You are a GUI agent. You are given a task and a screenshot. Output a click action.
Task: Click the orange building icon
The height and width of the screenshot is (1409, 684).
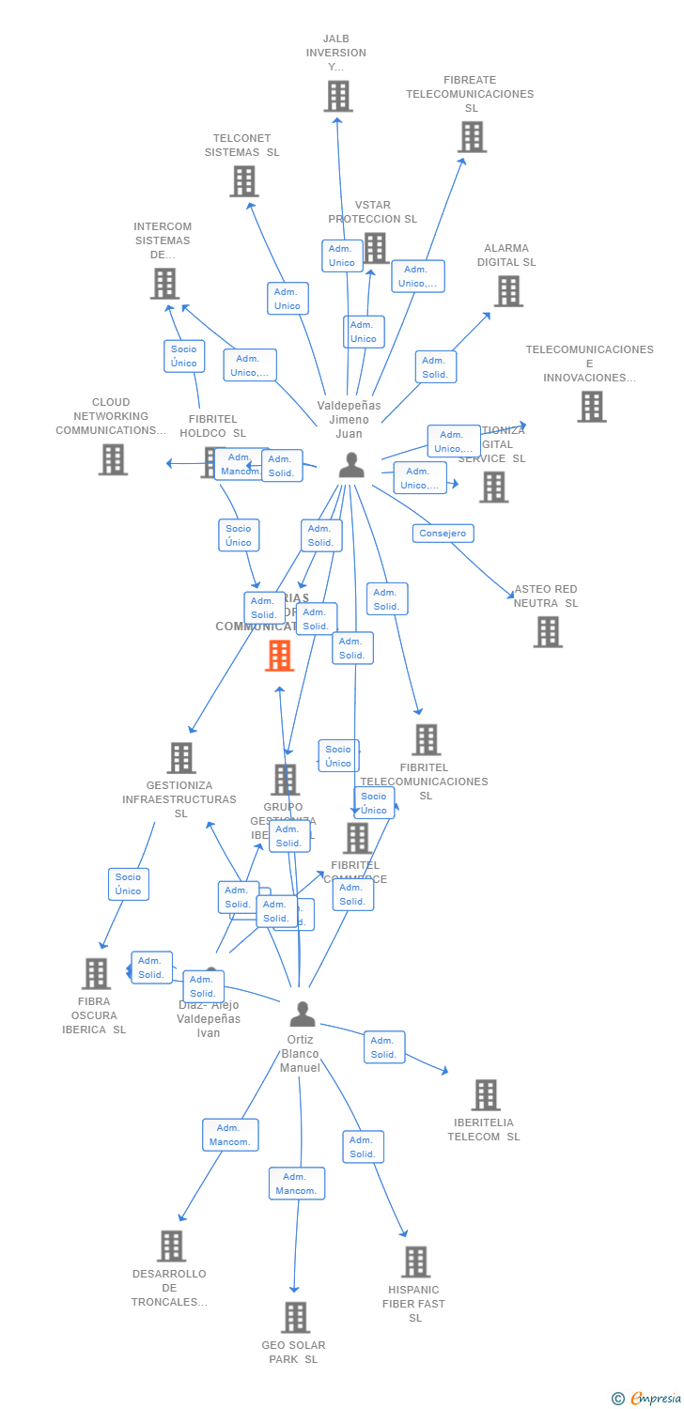click(x=280, y=656)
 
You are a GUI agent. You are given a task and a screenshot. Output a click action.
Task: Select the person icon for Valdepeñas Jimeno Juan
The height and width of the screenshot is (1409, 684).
click(x=351, y=465)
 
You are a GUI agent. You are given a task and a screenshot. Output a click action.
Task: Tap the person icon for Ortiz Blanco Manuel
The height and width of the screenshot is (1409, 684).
click(x=303, y=1014)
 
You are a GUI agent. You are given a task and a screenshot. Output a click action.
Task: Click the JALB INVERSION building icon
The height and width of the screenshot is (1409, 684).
click(x=338, y=96)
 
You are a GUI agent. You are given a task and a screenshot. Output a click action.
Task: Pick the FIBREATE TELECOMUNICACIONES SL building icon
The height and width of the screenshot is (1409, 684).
click(x=472, y=137)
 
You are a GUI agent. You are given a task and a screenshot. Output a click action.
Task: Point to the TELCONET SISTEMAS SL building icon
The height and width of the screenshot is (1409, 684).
click(x=244, y=181)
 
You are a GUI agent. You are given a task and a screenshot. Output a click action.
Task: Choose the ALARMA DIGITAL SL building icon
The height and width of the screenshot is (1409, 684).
click(x=508, y=291)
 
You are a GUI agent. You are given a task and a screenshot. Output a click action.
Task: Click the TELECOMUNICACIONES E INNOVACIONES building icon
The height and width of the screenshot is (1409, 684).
click(x=591, y=407)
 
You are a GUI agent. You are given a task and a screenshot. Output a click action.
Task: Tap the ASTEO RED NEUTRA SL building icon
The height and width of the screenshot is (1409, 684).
click(x=548, y=632)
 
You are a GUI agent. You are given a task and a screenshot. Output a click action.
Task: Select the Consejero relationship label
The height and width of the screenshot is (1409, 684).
click(x=443, y=534)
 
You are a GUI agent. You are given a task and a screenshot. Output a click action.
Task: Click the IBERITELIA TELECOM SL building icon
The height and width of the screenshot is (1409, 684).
click(x=486, y=1095)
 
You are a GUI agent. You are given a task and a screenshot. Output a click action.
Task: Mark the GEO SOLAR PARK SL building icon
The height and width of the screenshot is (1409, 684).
click(x=295, y=1318)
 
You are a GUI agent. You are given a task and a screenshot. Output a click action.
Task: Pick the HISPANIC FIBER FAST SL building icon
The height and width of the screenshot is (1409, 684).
click(x=416, y=1262)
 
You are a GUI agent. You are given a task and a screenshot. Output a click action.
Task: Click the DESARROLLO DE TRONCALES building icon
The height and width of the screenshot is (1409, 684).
click(x=171, y=1246)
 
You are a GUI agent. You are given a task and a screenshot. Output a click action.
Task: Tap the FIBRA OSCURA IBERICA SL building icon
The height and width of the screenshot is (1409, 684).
click(x=96, y=974)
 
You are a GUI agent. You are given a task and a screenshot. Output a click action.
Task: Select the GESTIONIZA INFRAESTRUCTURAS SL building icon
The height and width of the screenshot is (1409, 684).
click(x=181, y=758)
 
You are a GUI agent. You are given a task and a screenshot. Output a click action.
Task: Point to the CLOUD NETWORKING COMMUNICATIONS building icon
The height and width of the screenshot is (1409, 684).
click(x=113, y=459)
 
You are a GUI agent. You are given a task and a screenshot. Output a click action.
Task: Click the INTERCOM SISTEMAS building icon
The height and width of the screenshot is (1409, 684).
click(x=164, y=283)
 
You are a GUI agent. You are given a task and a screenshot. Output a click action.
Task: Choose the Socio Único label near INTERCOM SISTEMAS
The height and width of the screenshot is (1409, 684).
click(x=184, y=356)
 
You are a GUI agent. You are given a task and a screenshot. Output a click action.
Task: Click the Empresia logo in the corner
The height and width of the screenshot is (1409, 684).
click(x=647, y=1399)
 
